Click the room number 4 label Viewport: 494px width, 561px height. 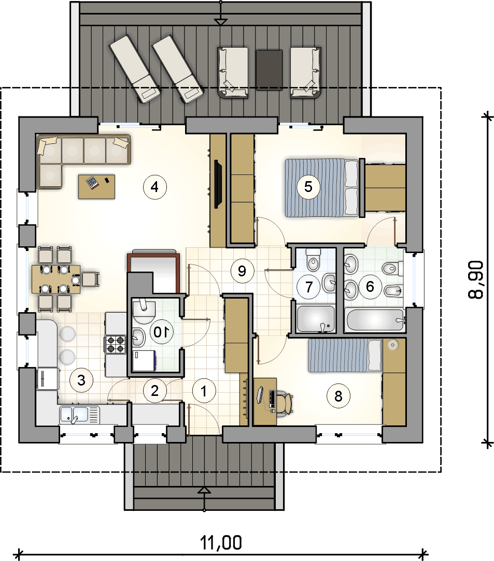tap(155, 187)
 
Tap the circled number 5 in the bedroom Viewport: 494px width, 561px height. tap(308, 187)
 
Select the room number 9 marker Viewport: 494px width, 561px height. tap(242, 271)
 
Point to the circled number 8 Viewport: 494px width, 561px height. tap(338, 396)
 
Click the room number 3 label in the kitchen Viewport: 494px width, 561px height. tap(81, 380)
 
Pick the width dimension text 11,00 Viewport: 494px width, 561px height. tap(221, 543)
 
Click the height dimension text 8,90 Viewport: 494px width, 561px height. tap(476, 279)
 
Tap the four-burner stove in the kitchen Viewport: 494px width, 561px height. tap(116, 344)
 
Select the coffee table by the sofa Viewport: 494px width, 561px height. tap(97, 186)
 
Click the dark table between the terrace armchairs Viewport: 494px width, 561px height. tap(269, 70)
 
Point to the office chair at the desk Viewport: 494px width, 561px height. tap(285, 404)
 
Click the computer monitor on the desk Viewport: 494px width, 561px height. tap(260, 395)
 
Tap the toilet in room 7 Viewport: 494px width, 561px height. tap(314, 260)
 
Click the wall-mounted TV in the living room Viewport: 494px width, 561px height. tap(217, 184)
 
